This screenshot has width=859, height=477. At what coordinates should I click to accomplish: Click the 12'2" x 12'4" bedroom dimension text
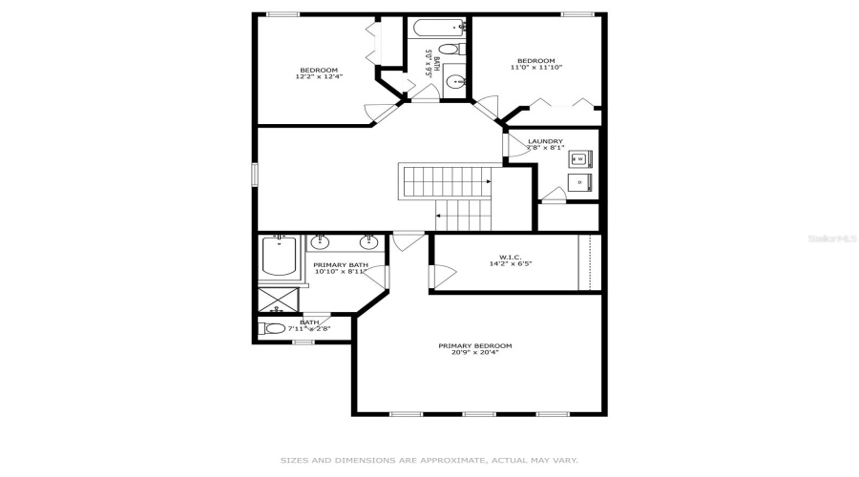319,76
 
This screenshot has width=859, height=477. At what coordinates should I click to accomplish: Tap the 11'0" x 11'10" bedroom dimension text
535,67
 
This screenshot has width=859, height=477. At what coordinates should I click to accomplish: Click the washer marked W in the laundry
579,157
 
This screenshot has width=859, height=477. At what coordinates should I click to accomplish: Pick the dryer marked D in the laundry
579,181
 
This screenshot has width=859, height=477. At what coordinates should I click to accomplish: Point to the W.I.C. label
509,257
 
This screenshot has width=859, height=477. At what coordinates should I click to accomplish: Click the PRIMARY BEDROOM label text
475,345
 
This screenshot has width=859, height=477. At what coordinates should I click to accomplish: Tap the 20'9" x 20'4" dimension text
475,353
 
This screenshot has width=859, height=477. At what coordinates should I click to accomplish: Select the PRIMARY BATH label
341,264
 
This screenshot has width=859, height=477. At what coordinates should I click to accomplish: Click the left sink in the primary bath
322,241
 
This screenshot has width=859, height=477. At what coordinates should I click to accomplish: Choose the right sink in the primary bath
367,241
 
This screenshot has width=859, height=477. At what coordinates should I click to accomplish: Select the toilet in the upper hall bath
456,48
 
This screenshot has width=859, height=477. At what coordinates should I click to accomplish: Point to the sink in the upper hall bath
455,80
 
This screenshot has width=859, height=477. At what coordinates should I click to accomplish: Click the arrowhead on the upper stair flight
489,179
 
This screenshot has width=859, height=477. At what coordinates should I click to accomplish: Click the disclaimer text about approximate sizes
429,460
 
